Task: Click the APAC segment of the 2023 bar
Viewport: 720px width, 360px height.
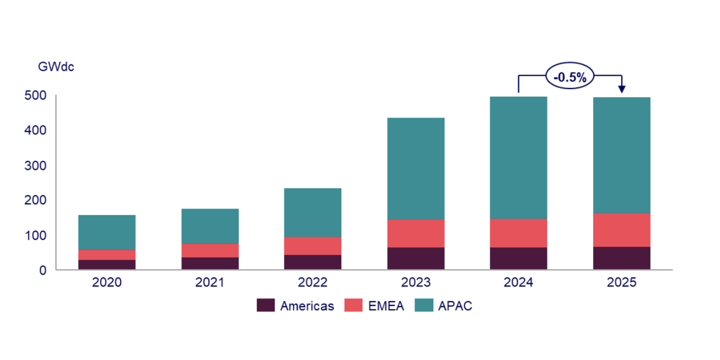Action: click(416, 168)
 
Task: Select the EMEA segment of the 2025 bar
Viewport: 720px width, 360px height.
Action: click(621, 230)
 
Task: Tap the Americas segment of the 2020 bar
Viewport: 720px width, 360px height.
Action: click(107, 264)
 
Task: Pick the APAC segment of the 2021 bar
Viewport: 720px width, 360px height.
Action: click(210, 226)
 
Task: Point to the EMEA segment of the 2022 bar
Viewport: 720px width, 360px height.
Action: click(312, 245)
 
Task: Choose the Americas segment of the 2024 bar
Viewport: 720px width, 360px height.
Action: click(518, 258)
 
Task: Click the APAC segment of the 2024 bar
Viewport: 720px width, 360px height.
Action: click(518, 157)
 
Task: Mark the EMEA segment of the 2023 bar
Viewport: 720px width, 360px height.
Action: click(416, 233)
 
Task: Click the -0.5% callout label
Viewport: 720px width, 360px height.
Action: click(570, 77)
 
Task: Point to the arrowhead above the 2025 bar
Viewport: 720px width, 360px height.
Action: click(621, 89)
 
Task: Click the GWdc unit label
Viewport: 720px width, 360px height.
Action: click(56, 67)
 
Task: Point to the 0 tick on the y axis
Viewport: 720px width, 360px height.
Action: click(43, 270)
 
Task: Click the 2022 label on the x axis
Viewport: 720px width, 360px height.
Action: click(312, 283)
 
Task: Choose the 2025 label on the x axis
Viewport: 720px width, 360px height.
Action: click(621, 283)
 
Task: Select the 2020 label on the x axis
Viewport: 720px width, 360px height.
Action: click(107, 283)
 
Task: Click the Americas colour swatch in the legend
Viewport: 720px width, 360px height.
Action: click(266, 305)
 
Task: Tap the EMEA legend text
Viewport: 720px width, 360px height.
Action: click(386, 306)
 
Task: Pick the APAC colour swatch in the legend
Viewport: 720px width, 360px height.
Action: click(425, 305)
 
